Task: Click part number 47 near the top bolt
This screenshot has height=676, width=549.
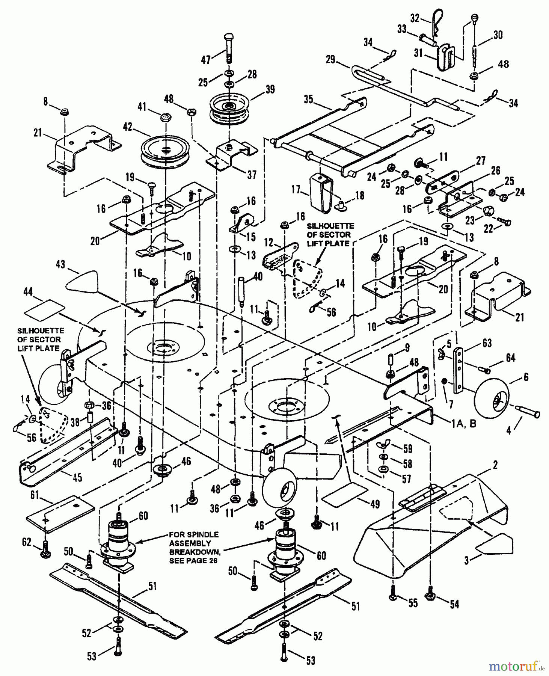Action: [205, 60]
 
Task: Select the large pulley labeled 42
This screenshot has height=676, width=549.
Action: [164, 151]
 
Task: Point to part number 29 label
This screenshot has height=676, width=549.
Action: [330, 60]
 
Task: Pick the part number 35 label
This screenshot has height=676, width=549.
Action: [308, 100]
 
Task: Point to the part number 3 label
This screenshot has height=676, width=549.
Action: [467, 561]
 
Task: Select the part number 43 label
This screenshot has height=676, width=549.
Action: [60, 264]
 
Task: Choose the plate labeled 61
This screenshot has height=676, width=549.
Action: [60, 513]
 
